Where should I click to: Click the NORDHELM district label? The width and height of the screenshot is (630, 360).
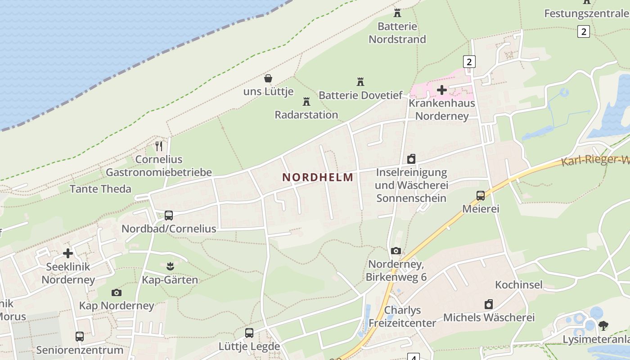click(318, 177)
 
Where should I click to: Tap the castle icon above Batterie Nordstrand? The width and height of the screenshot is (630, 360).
click(397, 13)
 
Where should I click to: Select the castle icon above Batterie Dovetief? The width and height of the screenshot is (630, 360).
click(360, 81)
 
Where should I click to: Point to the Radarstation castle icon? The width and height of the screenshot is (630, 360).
click(306, 101)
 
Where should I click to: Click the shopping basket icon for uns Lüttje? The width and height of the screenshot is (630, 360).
click(268, 78)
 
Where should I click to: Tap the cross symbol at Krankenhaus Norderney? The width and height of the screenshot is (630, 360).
click(442, 90)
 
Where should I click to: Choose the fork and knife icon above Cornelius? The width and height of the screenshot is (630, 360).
click(159, 146)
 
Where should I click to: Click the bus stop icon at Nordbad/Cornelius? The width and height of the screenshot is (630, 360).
click(169, 215)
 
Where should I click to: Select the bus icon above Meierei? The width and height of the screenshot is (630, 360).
click(481, 196)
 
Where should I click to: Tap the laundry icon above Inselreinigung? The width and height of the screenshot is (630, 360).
click(411, 159)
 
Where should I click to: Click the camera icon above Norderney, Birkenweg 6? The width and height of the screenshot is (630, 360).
click(396, 251)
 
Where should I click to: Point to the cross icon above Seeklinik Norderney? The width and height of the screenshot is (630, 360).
click(68, 253)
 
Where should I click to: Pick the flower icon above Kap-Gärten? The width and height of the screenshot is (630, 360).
click(170, 266)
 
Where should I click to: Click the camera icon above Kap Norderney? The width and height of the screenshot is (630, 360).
click(117, 292)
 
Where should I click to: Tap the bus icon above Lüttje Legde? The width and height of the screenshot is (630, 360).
click(249, 333)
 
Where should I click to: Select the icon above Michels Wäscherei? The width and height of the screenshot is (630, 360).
click(489, 304)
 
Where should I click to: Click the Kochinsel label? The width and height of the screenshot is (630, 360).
click(519, 285)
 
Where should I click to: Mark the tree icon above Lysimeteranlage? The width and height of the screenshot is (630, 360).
click(603, 326)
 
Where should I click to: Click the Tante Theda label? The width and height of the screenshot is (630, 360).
click(100, 189)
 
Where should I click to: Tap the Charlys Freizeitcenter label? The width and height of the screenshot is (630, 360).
click(402, 316)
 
